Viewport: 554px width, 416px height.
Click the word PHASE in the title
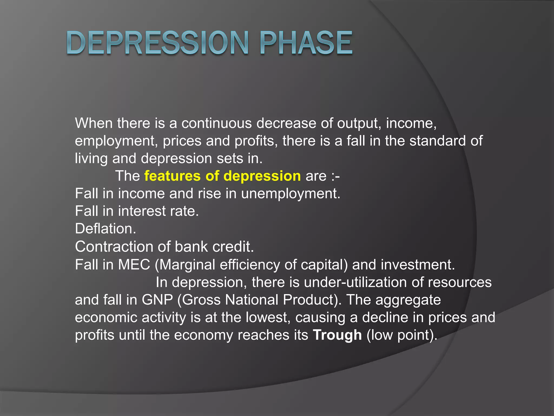[306, 43]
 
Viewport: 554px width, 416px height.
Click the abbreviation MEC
[134, 265]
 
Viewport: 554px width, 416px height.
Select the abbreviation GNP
[157, 300]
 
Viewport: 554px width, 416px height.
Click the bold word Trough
[337, 335]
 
